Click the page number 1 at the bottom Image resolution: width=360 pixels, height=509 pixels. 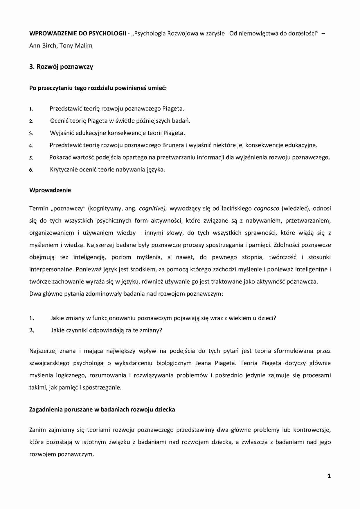tap(329, 476)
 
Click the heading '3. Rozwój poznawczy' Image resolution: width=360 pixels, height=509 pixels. tap(61, 67)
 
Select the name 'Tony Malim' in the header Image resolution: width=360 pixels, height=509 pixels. tap(76, 46)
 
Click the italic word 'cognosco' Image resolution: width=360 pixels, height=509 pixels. tap(266, 208)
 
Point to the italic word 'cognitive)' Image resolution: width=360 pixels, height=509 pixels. tap(153, 208)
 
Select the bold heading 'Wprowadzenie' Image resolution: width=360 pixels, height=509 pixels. tap(50, 190)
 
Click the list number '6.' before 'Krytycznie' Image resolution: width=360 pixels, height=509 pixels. tap(31, 170)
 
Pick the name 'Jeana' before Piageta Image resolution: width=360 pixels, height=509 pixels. tap(203, 363)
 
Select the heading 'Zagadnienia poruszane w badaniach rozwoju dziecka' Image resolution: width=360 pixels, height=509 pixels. tap(102, 410)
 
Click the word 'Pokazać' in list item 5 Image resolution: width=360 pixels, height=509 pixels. tap(60, 158)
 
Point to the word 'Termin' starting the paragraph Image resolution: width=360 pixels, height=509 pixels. tap(39, 208)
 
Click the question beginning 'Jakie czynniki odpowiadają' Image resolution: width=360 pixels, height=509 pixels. tap(106, 330)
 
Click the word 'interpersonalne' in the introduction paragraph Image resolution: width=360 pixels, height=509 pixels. tap(51, 269)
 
